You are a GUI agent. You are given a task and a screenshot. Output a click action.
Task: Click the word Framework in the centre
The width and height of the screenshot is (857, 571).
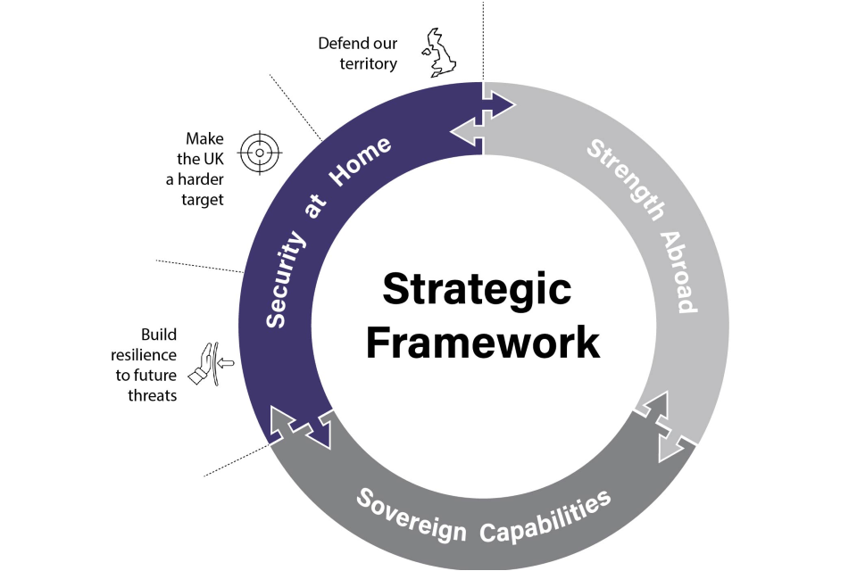pyautogui.click(x=483, y=342)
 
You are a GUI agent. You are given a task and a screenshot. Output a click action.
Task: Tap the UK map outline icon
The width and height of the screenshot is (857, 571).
pyautogui.click(x=440, y=53)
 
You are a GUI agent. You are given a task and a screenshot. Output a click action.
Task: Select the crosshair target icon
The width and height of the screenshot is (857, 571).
pyautogui.click(x=260, y=153)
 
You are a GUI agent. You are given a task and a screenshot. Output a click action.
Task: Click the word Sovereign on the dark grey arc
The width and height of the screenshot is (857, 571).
pyautogui.click(x=411, y=517)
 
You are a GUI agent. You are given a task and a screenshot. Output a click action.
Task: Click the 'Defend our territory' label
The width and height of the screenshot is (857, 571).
pyautogui.click(x=358, y=54)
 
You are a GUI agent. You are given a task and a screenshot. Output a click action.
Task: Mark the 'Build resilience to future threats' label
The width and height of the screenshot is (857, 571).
pyautogui.click(x=146, y=364)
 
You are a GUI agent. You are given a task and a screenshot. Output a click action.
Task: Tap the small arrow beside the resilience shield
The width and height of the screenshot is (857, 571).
pyautogui.click(x=225, y=363)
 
